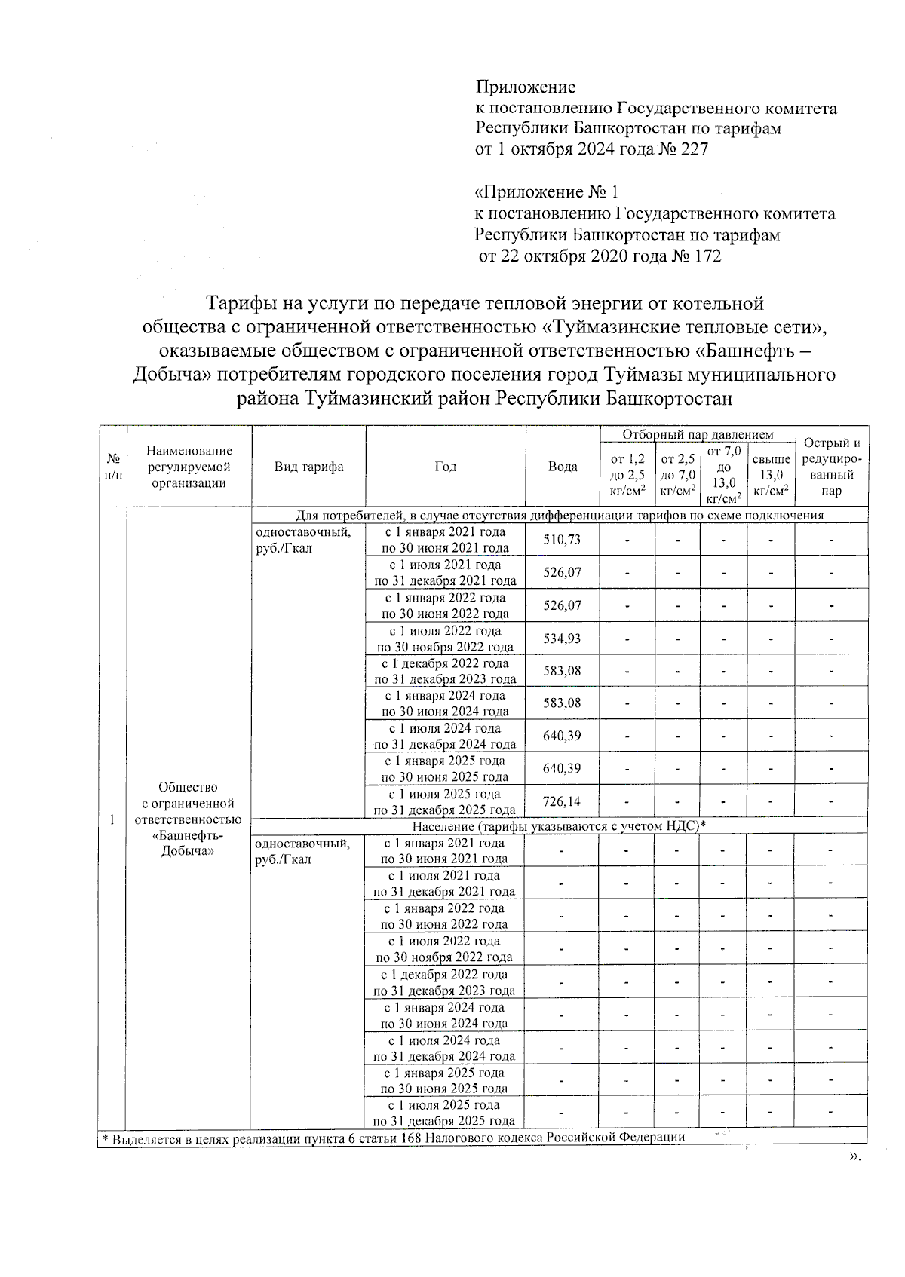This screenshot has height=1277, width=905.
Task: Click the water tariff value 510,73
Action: [x=563, y=539]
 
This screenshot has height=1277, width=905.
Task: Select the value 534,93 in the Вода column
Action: [x=563, y=638]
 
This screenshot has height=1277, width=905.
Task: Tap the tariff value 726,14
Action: [x=563, y=801]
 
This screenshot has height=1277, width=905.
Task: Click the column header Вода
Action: [x=563, y=467]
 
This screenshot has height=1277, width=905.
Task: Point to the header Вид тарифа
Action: [x=308, y=467]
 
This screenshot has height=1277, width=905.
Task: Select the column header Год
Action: [x=445, y=467]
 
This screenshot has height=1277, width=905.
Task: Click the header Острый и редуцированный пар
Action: [x=831, y=467]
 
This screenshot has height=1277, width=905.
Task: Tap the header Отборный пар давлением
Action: [x=698, y=435]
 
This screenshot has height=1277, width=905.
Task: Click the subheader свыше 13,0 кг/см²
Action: [x=771, y=474]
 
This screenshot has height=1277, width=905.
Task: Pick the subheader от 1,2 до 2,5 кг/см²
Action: [x=627, y=474]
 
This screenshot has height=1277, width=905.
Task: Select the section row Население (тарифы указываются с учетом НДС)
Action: [x=558, y=826]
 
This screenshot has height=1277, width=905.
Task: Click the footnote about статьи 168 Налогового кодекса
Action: [x=392, y=1138]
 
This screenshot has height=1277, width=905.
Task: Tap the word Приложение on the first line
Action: [x=525, y=87]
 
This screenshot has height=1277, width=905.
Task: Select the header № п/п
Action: [x=112, y=467]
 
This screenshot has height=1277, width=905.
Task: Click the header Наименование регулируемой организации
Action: [x=189, y=467]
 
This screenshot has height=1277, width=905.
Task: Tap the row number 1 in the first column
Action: [x=112, y=819]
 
